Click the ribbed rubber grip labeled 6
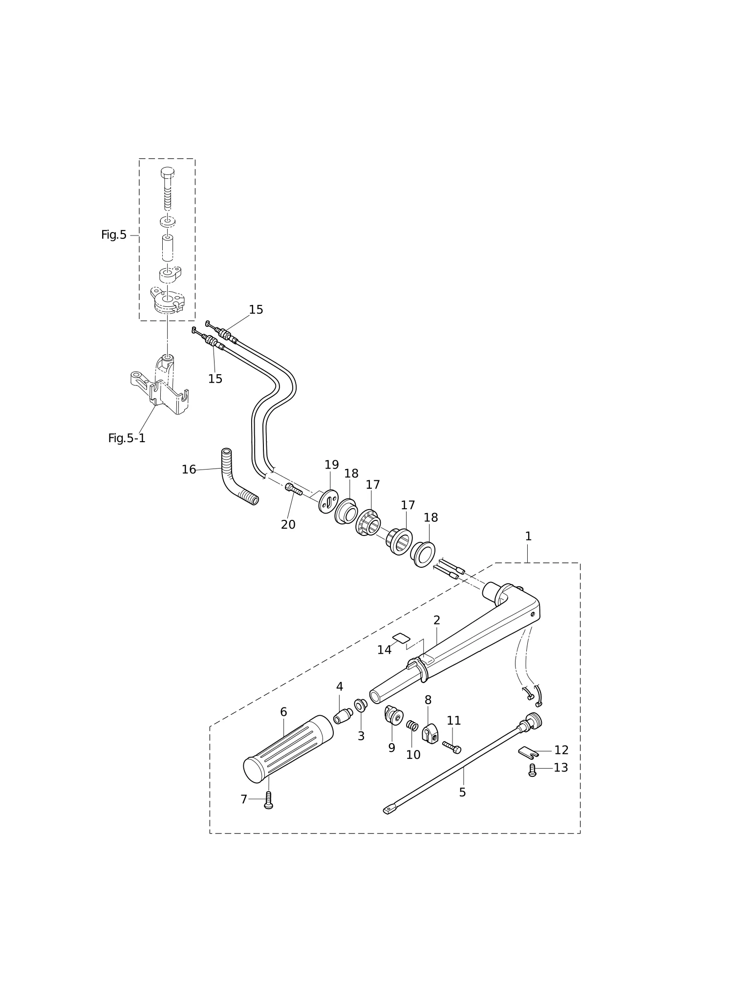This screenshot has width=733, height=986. (288, 749)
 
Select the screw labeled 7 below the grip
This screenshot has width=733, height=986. (268, 800)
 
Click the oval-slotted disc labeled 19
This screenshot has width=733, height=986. (328, 501)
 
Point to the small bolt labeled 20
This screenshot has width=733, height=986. (294, 489)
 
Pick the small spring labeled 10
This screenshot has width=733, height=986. (412, 726)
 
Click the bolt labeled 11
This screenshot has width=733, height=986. (452, 747)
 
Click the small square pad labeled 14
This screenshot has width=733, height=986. (401, 638)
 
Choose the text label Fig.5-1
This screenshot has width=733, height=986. (127, 438)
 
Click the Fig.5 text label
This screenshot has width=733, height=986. (114, 235)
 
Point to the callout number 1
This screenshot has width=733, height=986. (528, 536)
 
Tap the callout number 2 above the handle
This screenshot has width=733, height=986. (437, 621)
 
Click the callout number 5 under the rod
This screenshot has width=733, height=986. (462, 793)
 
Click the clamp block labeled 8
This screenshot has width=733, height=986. (430, 733)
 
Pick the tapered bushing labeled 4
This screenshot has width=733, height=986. (343, 716)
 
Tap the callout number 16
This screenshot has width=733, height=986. (189, 470)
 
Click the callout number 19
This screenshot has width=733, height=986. (332, 465)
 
